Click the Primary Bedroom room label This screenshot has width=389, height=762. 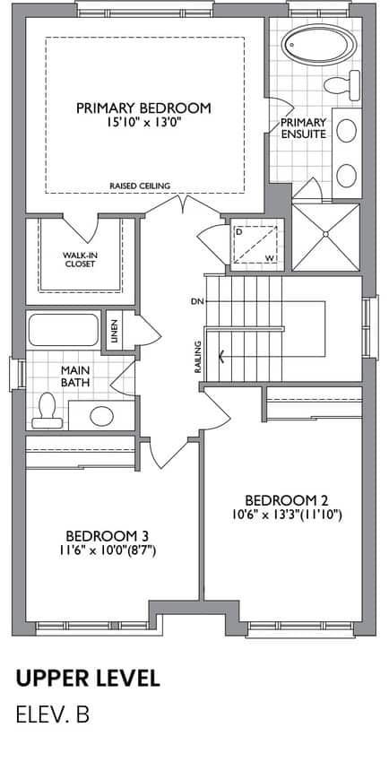point(143,108)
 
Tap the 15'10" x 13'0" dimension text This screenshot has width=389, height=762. point(143,123)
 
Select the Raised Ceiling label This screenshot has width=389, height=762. point(140,186)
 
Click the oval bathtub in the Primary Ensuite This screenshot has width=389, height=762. point(319,45)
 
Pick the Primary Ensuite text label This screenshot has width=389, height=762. point(304,128)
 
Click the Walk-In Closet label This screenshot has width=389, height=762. point(78,259)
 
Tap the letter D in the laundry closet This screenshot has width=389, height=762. point(238,231)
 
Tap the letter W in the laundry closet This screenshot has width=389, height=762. point(269,257)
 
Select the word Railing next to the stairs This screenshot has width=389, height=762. point(198,357)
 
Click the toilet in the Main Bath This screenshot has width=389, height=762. point(48,411)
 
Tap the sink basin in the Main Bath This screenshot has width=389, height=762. point(102,416)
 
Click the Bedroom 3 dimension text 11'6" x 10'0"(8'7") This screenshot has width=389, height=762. point(107,551)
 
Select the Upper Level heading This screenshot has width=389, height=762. point(88,679)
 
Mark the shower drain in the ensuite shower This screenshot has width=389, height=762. point(326,234)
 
